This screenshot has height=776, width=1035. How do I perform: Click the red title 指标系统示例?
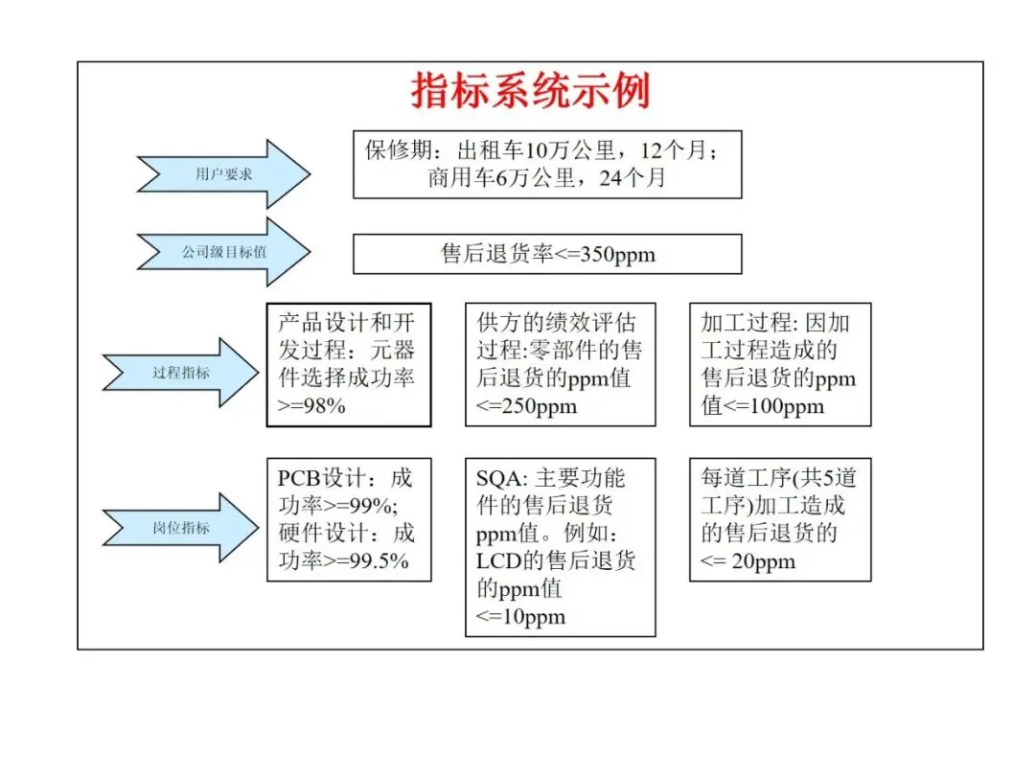point(530,90)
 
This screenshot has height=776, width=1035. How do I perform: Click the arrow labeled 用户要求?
point(224,174)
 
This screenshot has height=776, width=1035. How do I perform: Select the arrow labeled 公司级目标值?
point(224,253)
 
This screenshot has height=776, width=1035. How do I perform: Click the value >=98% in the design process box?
point(311,405)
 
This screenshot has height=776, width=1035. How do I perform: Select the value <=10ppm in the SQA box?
point(520,616)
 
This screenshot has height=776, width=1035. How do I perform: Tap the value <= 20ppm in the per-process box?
point(748,560)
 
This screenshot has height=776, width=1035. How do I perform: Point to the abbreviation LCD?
point(497,560)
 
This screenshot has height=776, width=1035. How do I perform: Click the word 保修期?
point(396,150)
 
